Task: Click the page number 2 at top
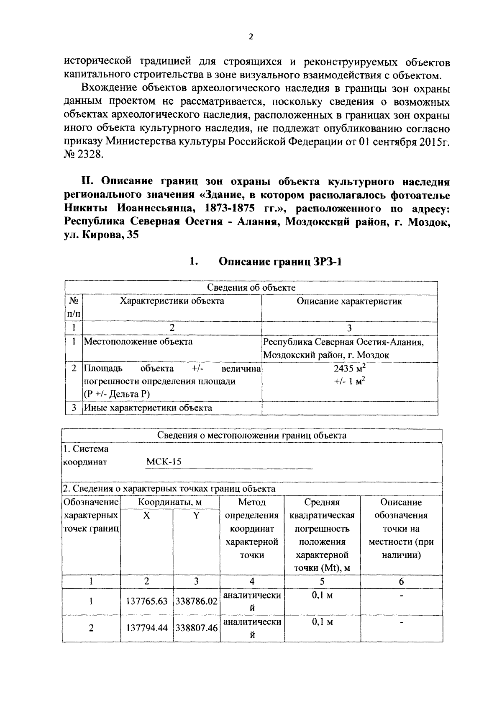(251, 37)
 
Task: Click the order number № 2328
(83, 155)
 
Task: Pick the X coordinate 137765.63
(147, 601)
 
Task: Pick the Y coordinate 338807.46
(197, 628)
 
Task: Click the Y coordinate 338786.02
(197, 601)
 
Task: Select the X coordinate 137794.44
(147, 628)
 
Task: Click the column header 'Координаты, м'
(170, 502)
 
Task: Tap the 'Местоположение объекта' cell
(138, 341)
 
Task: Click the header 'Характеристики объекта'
(172, 301)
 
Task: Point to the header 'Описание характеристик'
(349, 301)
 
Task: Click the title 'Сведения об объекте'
(251, 288)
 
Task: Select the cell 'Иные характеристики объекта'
(148, 407)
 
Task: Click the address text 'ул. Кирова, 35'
(101, 235)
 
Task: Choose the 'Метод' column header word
(252, 502)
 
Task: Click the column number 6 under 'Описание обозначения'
(401, 581)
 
